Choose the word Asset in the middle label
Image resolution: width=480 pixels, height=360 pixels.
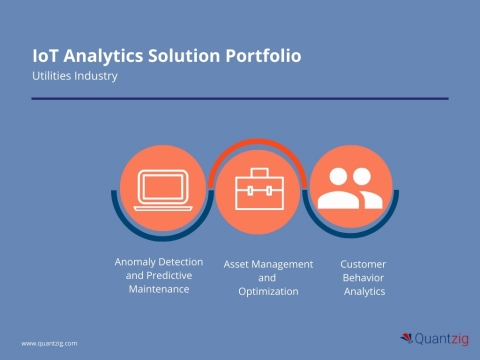(x=239, y=263)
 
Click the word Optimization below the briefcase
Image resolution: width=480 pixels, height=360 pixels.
(x=268, y=291)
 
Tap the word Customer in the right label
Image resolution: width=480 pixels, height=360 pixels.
(x=364, y=263)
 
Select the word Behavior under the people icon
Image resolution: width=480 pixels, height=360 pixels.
(x=364, y=277)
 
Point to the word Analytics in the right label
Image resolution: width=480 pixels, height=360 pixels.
(x=364, y=291)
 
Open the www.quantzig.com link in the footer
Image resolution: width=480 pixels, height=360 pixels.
(x=50, y=343)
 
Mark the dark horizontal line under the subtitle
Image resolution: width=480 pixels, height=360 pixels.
(x=240, y=99)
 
